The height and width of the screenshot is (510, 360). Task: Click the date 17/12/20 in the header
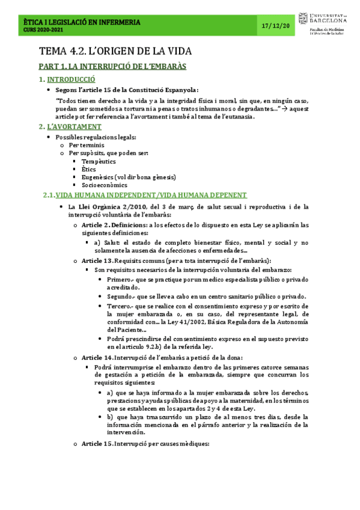click(277, 26)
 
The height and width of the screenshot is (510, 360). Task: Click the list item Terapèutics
click(99, 161)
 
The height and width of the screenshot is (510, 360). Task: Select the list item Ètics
click(90, 170)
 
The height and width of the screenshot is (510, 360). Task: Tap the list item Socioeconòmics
click(104, 185)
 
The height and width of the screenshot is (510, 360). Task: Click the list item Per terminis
click(87, 146)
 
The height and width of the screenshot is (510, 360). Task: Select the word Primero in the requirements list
click(119, 280)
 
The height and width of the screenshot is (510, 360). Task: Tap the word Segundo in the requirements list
click(120, 296)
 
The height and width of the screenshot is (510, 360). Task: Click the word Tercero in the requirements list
click(120, 306)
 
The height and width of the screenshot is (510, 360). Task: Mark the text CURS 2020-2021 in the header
click(41, 30)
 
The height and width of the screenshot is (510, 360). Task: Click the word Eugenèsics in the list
click(100, 177)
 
